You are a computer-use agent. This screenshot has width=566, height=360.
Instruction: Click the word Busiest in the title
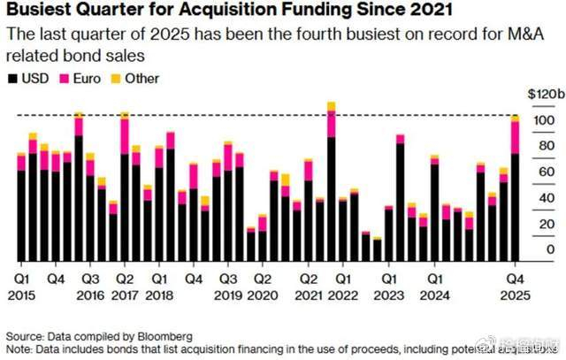tap(40, 12)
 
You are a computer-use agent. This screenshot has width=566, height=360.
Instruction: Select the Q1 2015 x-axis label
tap(21, 284)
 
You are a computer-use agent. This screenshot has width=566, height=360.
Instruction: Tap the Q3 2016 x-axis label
tap(89, 284)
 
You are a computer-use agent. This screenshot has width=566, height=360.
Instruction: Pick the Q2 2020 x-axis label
tap(262, 284)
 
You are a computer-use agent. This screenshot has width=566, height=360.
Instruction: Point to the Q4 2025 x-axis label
tap(515, 284)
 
